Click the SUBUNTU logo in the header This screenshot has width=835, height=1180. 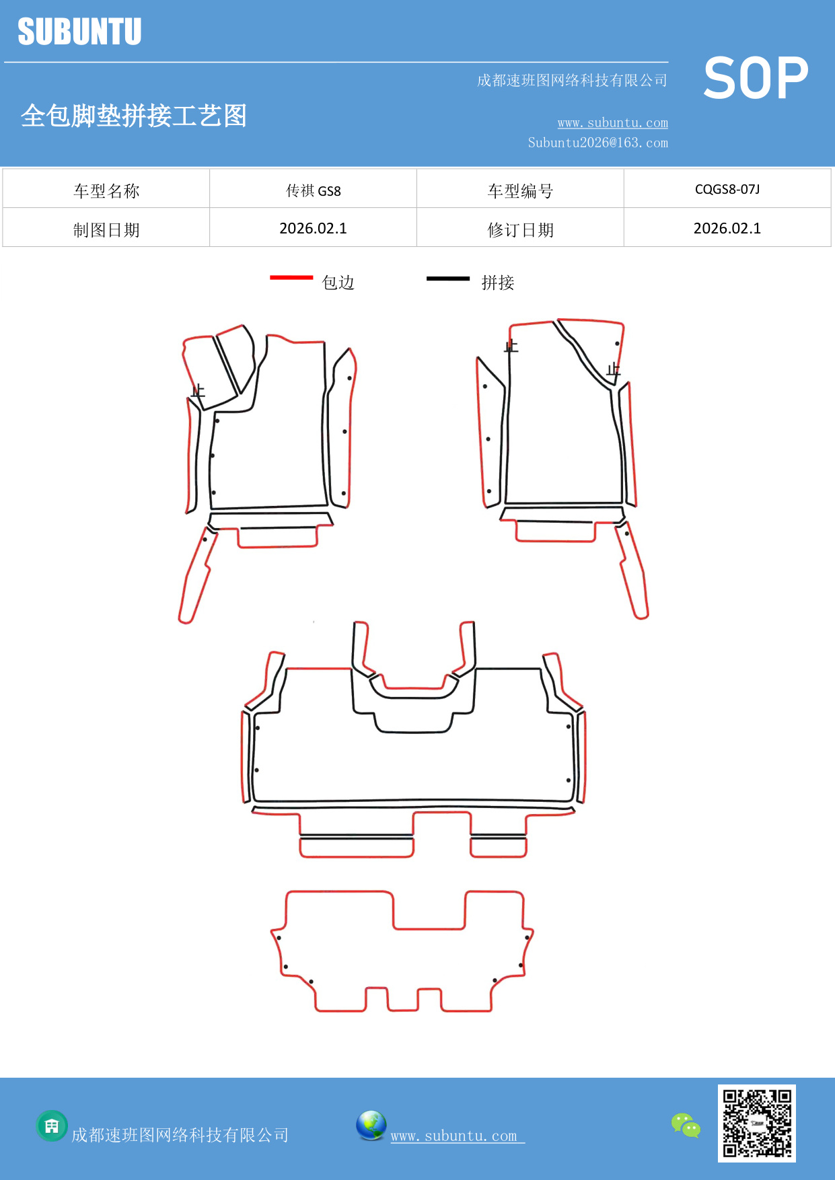tap(79, 32)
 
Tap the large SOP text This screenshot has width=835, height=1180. tap(756, 79)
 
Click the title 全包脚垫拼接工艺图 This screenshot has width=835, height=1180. tap(134, 116)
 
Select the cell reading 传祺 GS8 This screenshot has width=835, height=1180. tap(313, 191)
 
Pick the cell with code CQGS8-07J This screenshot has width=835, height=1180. tap(727, 190)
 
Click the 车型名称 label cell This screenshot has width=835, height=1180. tap(106, 191)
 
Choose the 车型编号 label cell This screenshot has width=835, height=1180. tap(520, 191)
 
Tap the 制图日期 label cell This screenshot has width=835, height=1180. tap(106, 230)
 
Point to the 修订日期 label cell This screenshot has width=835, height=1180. tap(520, 230)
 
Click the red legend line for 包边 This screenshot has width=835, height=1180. tap(291, 277)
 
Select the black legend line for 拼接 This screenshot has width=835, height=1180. tap(447, 278)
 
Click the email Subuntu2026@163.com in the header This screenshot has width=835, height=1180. tap(597, 143)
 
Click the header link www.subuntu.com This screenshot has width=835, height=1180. tap(612, 123)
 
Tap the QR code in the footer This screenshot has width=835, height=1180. tap(756, 1123)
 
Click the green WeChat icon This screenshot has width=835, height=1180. tap(686, 1125)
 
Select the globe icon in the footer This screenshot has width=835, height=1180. tap(371, 1125)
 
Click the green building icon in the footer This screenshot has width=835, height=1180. tap(52, 1126)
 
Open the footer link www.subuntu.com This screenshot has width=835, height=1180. tap(454, 1136)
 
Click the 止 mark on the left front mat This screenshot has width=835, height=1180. tap(198, 391)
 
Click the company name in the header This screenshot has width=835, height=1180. tap(572, 81)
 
